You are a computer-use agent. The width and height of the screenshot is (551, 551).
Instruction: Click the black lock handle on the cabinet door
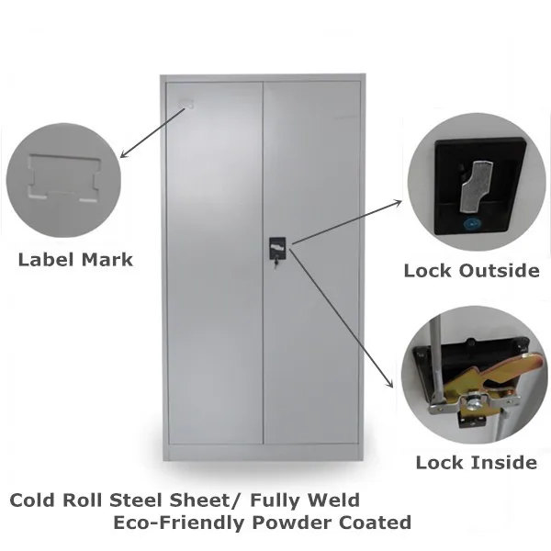pyautogui.click(x=275, y=249)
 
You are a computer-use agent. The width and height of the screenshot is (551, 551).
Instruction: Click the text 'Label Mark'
pyautogui.click(x=75, y=260)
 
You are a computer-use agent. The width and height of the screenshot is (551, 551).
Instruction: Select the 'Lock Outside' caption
pyautogui.click(x=471, y=270)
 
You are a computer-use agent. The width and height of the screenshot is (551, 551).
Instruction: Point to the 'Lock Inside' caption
pyautogui.click(x=476, y=462)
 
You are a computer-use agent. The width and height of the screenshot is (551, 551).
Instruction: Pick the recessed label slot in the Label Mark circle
pyautogui.click(x=63, y=178)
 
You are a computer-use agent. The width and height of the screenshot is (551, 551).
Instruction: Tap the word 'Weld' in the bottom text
pyautogui.click(x=333, y=501)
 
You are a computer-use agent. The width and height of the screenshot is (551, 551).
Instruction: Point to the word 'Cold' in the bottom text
pyautogui.click(x=34, y=501)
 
